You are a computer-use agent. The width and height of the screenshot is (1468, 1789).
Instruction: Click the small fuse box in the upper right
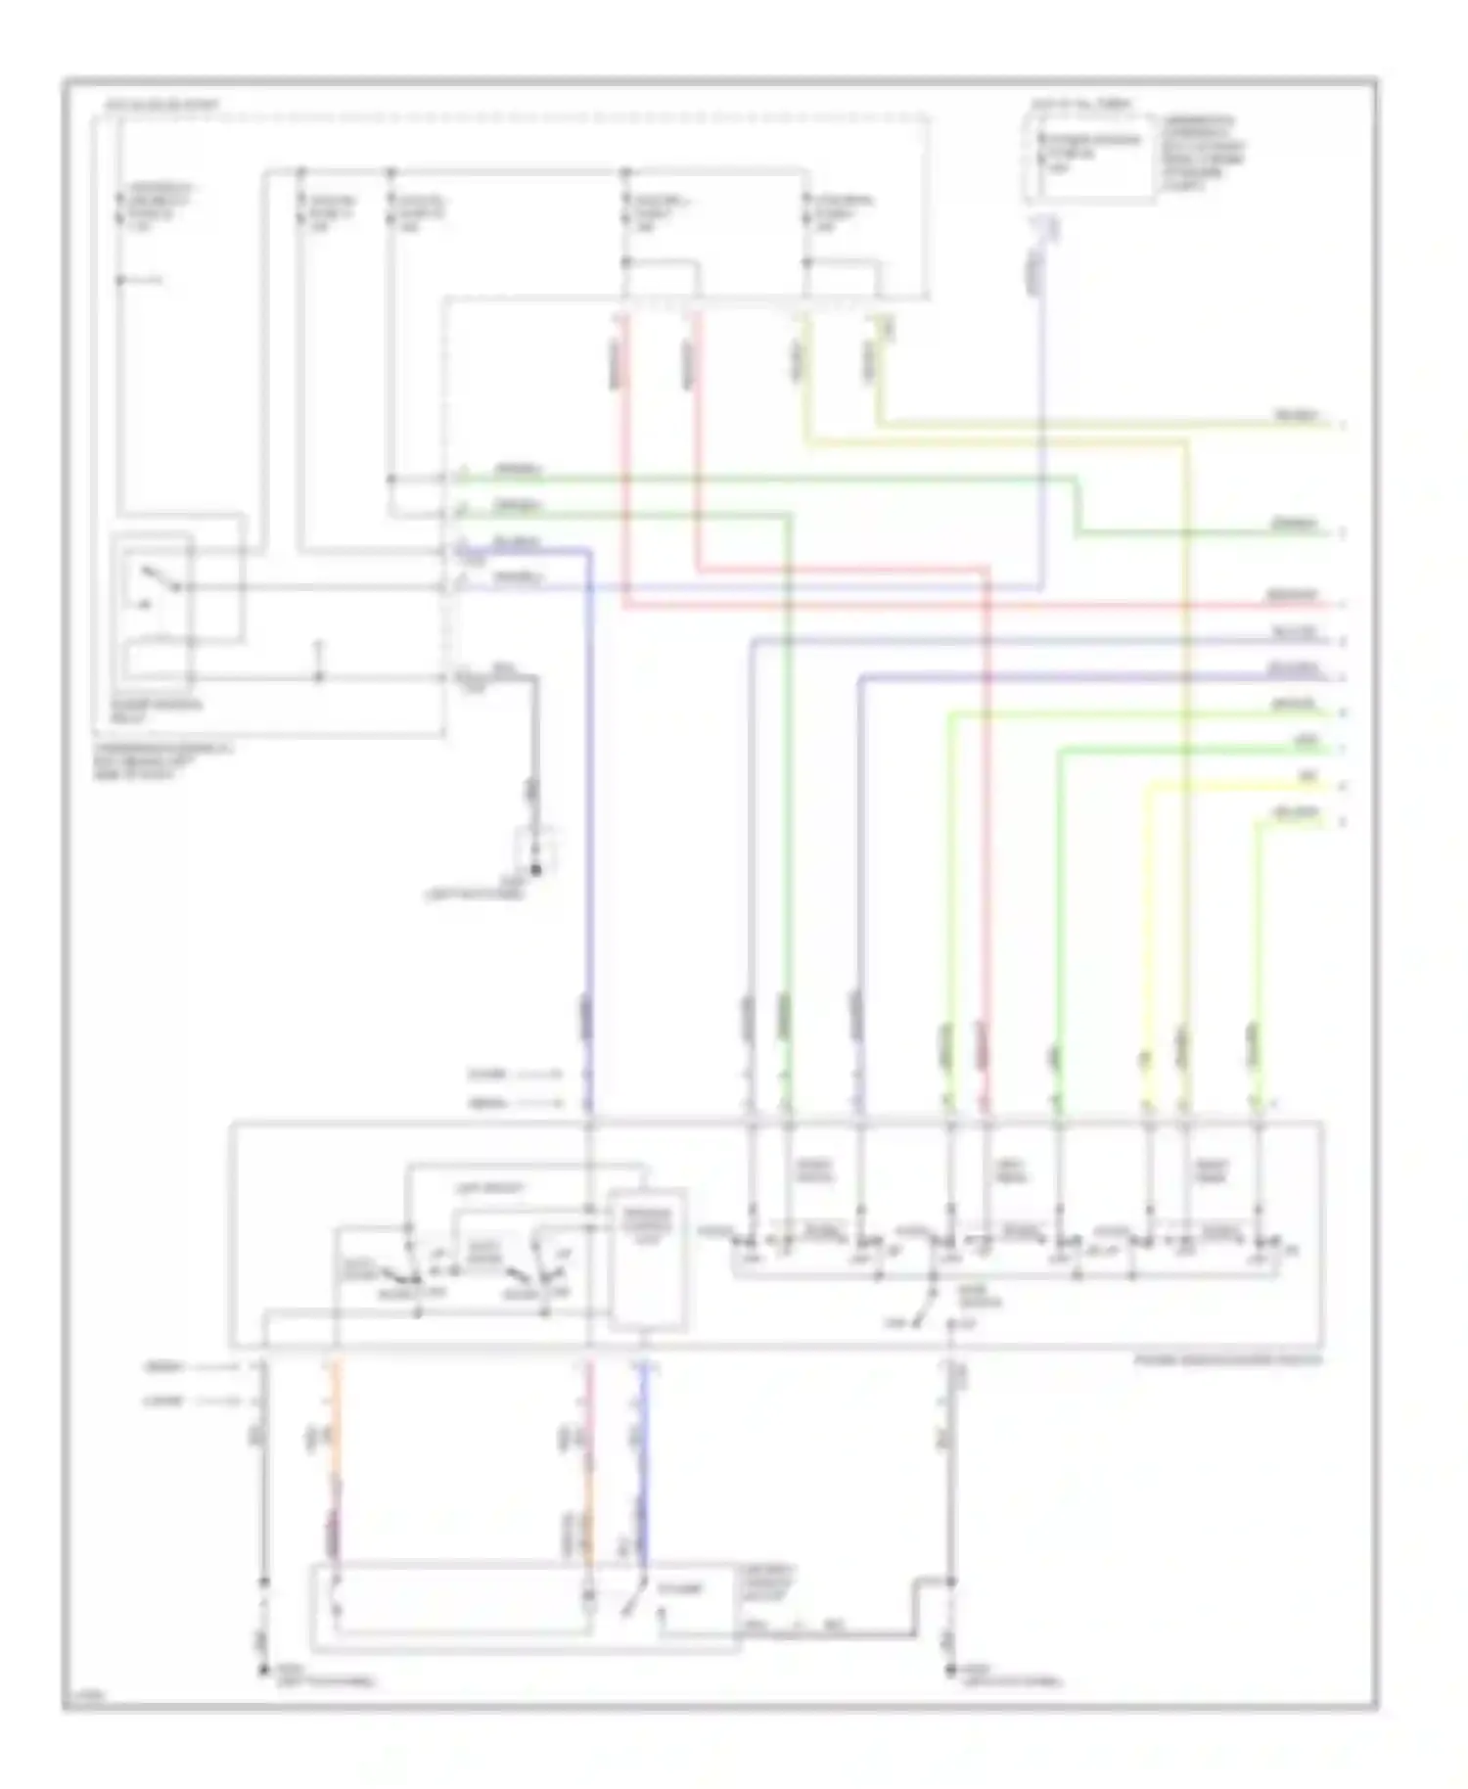pos(1089,157)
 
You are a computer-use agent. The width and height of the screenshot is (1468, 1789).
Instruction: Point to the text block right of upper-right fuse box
pos(1202,152)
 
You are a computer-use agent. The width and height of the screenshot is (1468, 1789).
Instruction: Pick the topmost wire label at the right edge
pos(1297,417)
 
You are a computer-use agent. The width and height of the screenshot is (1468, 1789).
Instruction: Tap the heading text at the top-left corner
pos(161,105)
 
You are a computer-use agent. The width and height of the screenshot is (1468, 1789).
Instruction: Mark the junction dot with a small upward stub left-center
pos(318,675)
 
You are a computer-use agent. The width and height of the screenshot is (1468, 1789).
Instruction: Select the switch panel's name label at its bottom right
pos(1227,1360)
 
